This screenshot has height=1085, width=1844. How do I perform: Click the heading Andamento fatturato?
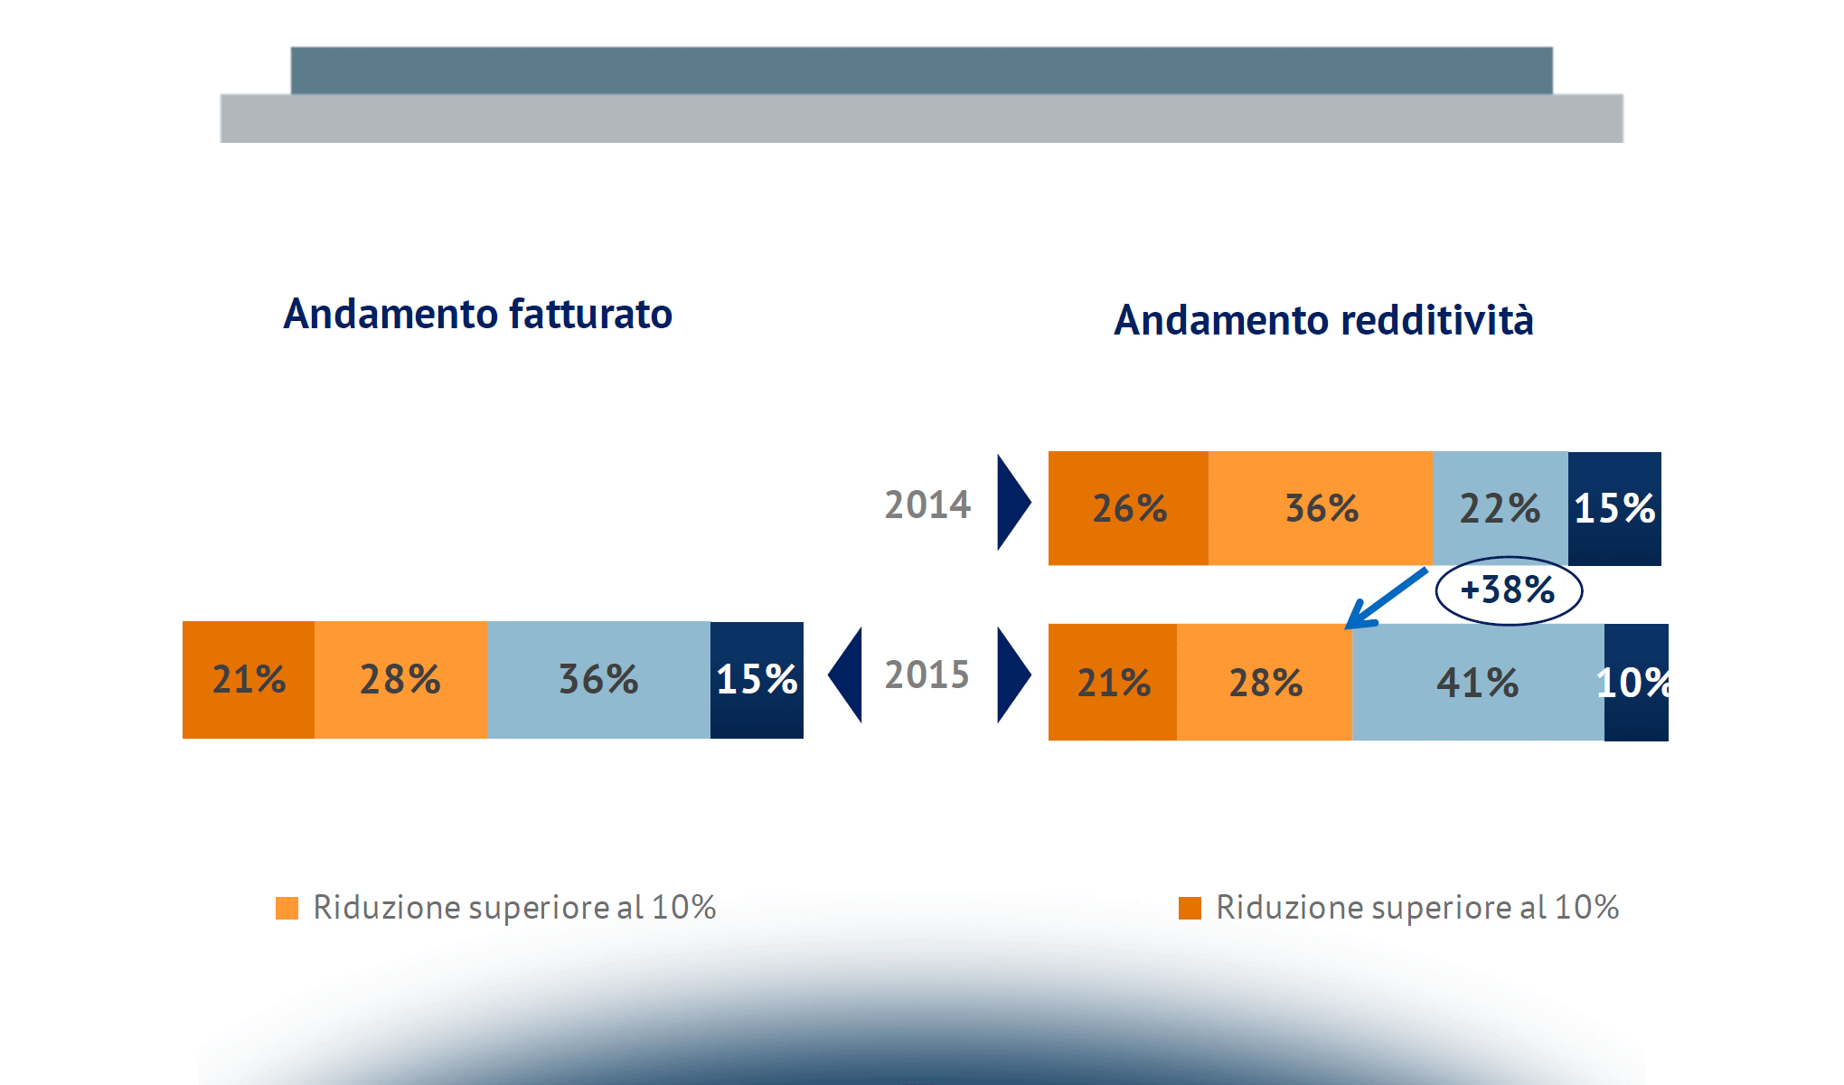click(477, 315)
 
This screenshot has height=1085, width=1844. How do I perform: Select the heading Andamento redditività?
click(1323, 320)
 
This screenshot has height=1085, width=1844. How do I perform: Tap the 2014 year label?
click(927, 505)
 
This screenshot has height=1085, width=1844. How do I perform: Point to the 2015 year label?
click(927, 675)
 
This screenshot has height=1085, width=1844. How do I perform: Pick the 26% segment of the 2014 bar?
click(1128, 508)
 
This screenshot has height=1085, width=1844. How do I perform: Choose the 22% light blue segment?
click(1500, 508)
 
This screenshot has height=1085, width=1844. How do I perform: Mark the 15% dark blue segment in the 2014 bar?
click(1614, 508)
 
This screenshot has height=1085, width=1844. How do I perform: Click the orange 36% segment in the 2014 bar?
click(1321, 508)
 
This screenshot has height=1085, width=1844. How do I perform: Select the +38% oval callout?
click(1508, 590)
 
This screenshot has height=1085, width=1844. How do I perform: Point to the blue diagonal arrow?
click(1386, 598)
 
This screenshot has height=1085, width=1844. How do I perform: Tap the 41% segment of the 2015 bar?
click(1477, 683)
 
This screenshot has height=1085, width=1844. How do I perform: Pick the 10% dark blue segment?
click(1635, 683)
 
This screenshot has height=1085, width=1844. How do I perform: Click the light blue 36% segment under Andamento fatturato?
click(598, 680)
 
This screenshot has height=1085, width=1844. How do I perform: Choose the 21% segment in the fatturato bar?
click(249, 680)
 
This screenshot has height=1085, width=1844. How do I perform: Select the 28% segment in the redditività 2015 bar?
click(1265, 683)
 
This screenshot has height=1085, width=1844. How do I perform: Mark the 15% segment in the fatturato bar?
click(757, 680)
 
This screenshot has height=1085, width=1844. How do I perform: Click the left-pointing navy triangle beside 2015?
click(848, 675)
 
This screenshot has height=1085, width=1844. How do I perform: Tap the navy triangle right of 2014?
click(1011, 503)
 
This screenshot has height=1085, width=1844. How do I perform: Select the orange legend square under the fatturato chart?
click(287, 908)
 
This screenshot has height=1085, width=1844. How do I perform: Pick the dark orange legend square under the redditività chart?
click(1190, 908)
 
